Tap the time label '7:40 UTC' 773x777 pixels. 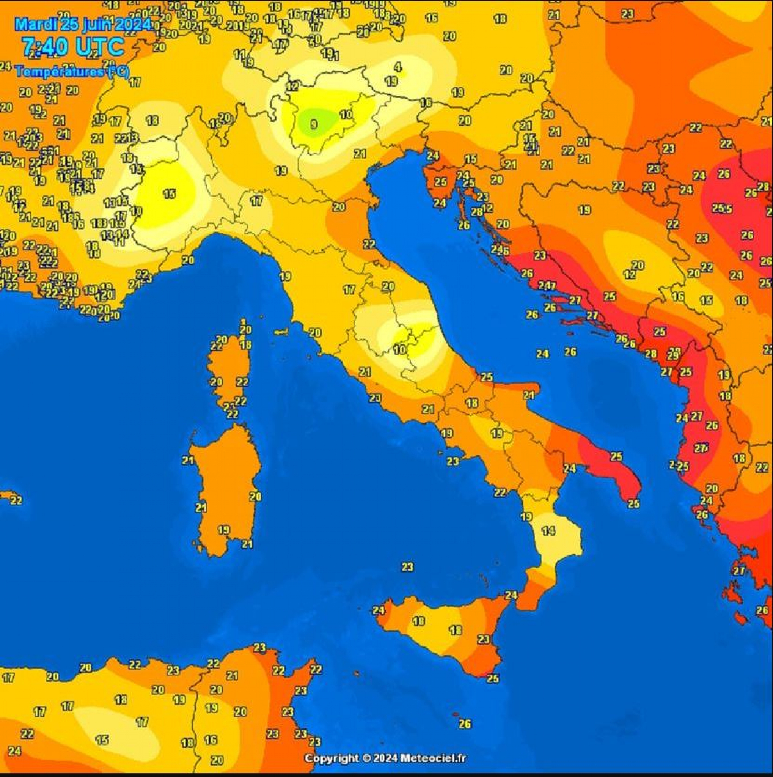click(73, 47)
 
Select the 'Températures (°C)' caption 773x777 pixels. click(72, 72)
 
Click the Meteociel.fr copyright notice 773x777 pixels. click(385, 758)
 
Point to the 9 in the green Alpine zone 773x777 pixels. click(314, 125)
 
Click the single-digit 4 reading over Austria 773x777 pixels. click(397, 67)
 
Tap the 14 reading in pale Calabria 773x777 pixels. click(549, 531)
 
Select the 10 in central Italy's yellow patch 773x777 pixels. click(399, 349)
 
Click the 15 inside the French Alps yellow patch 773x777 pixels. click(169, 194)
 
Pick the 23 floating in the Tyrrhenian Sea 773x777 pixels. click(407, 567)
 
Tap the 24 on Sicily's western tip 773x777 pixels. click(378, 610)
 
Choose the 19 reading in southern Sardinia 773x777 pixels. click(224, 530)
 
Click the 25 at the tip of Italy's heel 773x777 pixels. click(633, 503)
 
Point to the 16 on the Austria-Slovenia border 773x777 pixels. click(426, 102)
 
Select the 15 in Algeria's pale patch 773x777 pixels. click(102, 739)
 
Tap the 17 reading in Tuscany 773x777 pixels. click(349, 289)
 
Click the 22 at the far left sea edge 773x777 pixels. click(16, 500)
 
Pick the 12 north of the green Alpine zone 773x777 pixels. click(293, 86)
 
